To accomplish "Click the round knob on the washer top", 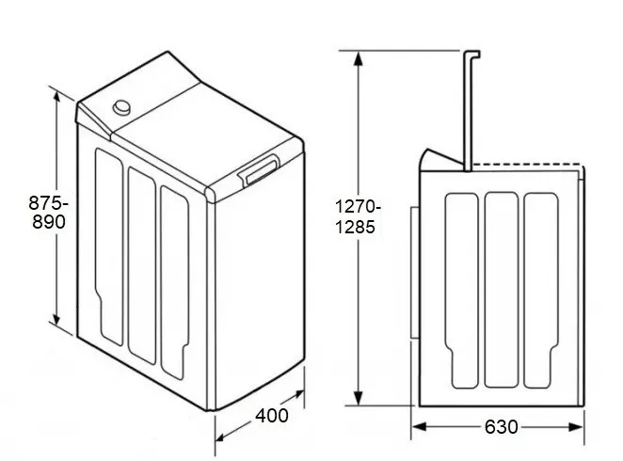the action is coord(121,107).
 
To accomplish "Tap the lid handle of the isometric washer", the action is coord(259,169).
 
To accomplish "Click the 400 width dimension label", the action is coord(272,416).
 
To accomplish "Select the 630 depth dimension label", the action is coord(502,427).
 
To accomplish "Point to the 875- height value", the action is coord(49,203).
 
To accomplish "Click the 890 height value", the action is coord(49,222).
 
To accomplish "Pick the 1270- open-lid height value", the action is coord(358,207).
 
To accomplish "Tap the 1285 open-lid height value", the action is coord(355,227).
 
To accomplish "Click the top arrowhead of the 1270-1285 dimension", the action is coord(359,58).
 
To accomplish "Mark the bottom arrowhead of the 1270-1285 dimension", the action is coord(359,398).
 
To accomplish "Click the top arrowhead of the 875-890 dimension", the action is coord(56,98).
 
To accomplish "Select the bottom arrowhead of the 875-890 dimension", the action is coord(56,318).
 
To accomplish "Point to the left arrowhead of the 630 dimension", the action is coord(420,427).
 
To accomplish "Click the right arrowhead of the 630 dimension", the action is coord(576,427).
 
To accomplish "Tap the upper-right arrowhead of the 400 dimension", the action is coord(297,395).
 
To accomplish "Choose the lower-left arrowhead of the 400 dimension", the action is coord(222,436).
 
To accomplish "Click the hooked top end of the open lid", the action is coord(472,55).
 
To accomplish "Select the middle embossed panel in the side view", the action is coord(502,290).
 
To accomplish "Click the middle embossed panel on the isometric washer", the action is coord(142,265).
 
